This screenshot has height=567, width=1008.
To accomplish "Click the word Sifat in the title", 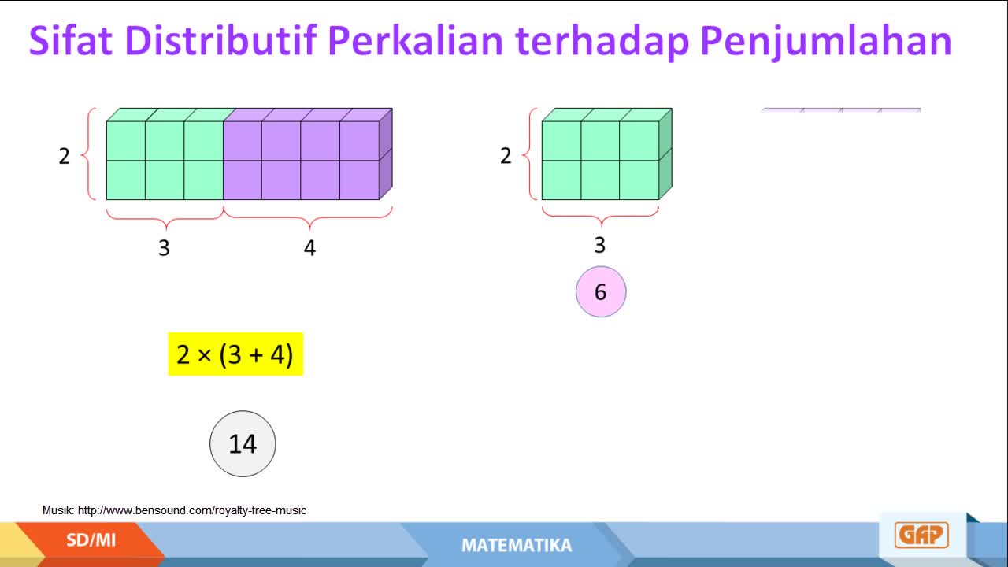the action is [x=70, y=40].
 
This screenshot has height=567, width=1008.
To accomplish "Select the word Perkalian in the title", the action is [x=415, y=40].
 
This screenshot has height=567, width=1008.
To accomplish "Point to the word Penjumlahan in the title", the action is [x=826, y=43].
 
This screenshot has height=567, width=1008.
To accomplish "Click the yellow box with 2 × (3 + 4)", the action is [x=235, y=354].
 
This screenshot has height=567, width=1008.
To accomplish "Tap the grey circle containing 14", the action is [x=243, y=443].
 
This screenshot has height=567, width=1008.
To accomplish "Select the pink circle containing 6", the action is [x=601, y=291].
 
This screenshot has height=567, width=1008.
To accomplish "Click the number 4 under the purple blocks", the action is [x=309, y=248].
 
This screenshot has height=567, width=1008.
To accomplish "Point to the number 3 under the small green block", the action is [x=600, y=245].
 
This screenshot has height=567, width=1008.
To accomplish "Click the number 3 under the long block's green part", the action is [x=165, y=248].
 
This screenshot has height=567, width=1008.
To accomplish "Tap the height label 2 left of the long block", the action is [x=65, y=156].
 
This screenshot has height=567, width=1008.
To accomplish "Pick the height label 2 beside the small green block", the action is [x=506, y=156].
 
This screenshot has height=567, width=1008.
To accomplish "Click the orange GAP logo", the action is [x=921, y=535].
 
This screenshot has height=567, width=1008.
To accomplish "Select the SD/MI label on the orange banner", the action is [x=91, y=540].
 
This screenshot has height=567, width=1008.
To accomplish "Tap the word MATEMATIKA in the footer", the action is [x=517, y=546].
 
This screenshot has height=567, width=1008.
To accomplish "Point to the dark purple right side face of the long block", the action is [x=386, y=154].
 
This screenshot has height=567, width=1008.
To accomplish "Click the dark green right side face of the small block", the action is [x=665, y=154].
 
